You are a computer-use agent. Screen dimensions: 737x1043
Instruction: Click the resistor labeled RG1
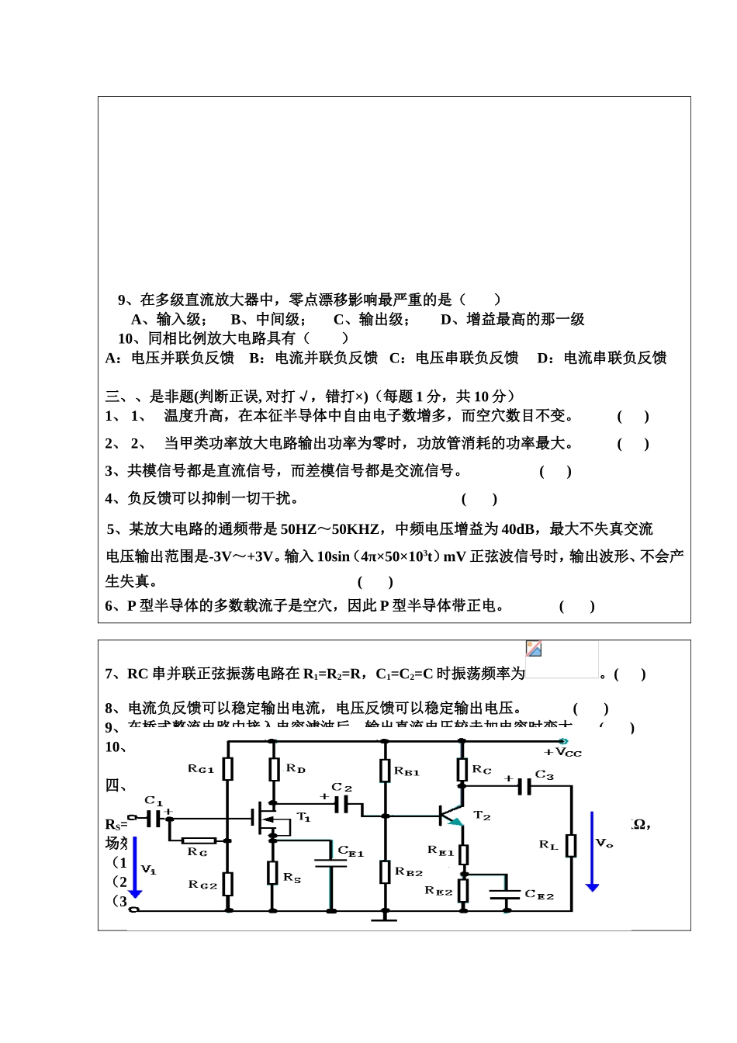[x=227, y=768]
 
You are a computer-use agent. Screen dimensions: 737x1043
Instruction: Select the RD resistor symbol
[x=273, y=769]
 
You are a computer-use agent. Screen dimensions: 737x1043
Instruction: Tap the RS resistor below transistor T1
[x=272, y=872]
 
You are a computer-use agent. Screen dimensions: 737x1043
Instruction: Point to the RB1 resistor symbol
[x=385, y=771]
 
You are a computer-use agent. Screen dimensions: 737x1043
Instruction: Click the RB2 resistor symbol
[x=385, y=871]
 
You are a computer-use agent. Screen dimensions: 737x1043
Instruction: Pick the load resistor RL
[x=571, y=845]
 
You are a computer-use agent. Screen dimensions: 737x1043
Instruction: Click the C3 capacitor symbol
[x=526, y=787]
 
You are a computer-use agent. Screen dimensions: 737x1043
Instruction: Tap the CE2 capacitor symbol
[x=505, y=894]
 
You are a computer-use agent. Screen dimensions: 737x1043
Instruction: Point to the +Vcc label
[x=563, y=752]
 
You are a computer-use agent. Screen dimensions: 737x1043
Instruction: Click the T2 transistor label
[x=482, y=816]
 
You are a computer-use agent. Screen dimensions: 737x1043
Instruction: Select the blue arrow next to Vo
[x=592, y=851]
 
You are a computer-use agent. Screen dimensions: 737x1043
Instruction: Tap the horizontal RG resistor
[x=199, y=840]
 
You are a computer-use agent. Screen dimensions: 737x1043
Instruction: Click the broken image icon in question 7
[x=534, y=649]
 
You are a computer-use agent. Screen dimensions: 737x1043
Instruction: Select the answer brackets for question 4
[x=479, y=499]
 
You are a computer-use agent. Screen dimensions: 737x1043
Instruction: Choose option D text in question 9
[x=512, y=320]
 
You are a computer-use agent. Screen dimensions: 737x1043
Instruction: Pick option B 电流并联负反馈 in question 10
[x=313, y=358]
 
